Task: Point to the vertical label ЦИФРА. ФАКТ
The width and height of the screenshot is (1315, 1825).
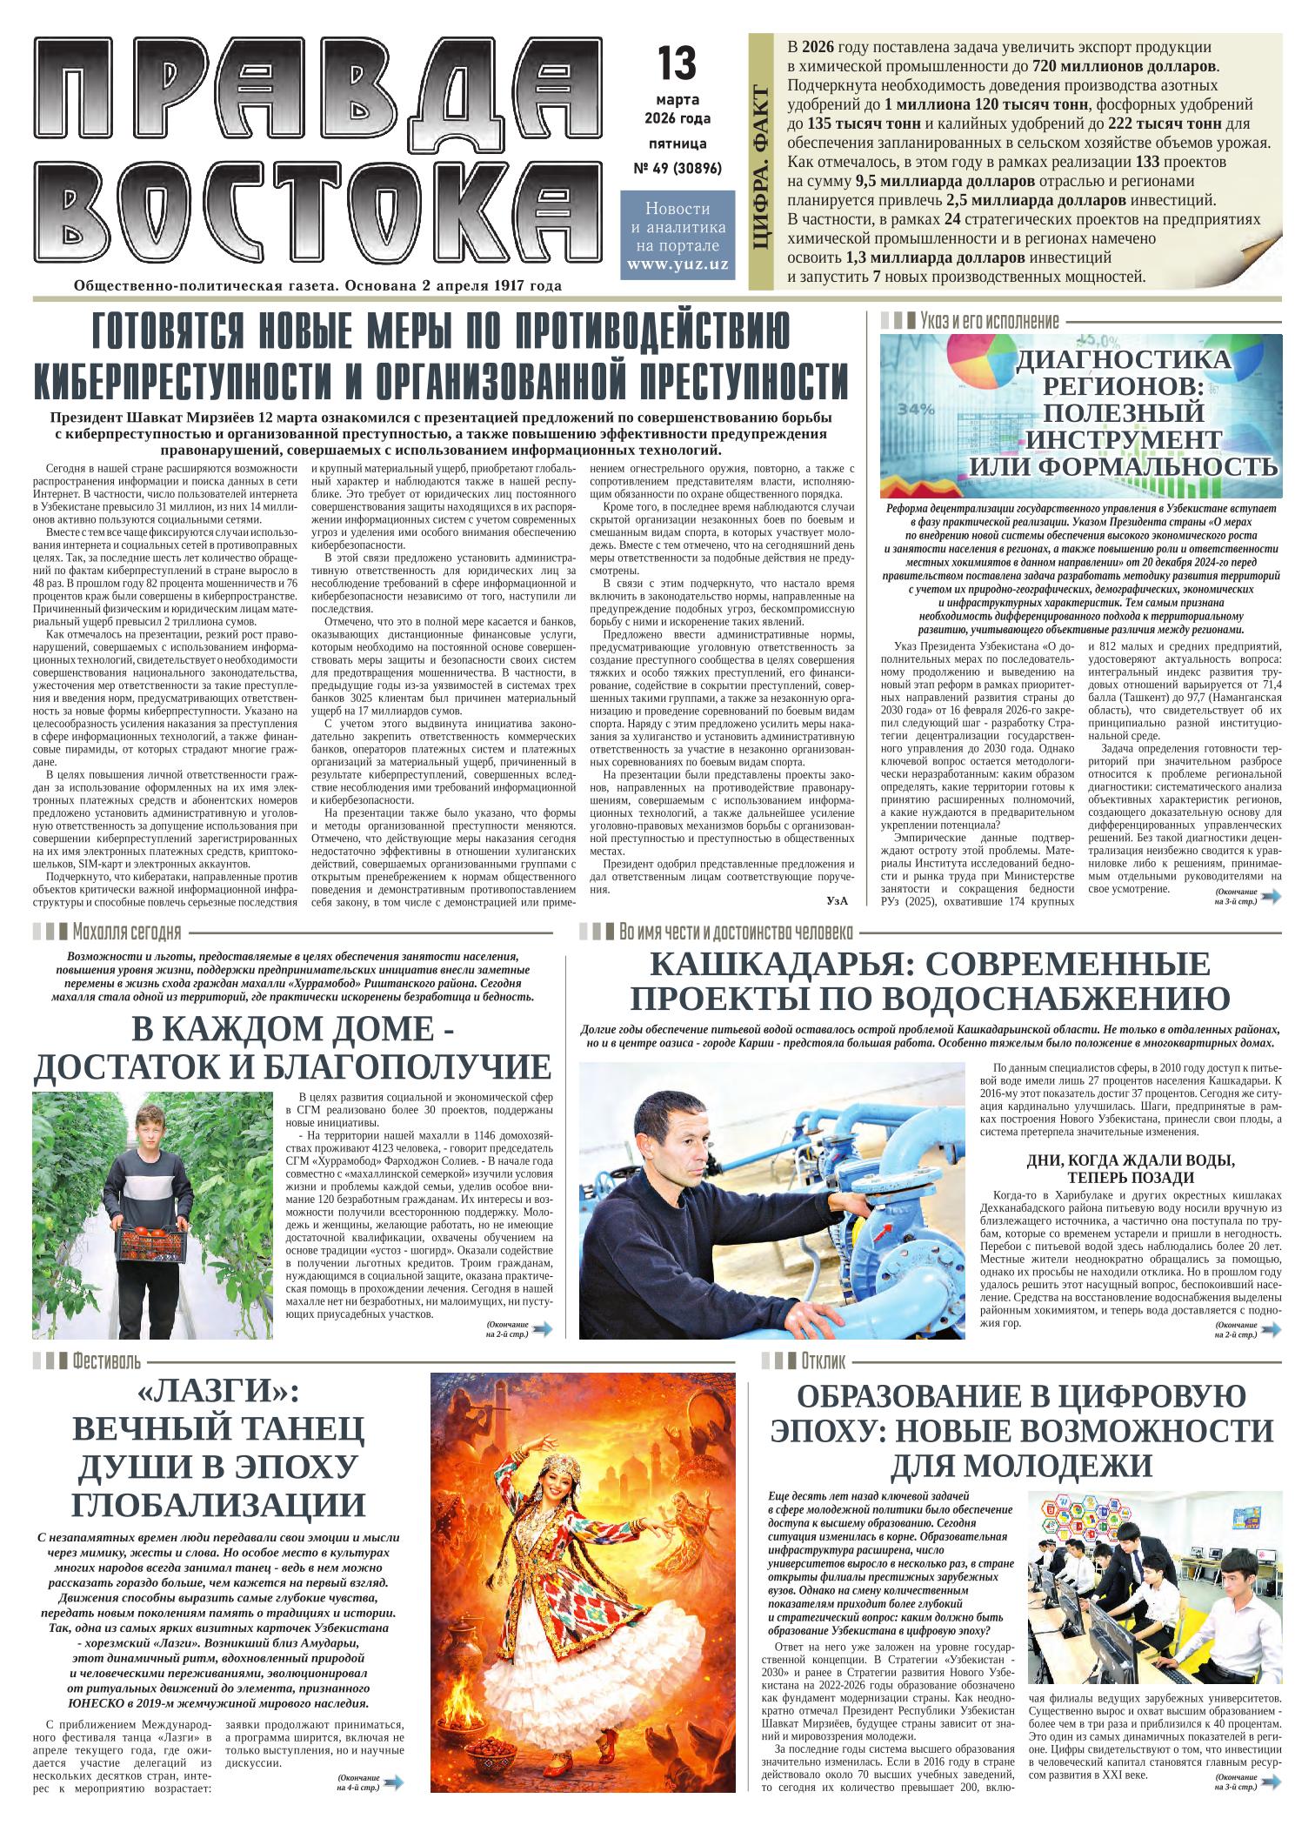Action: pos(763,167)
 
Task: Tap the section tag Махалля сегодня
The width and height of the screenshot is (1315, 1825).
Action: pos(127,933)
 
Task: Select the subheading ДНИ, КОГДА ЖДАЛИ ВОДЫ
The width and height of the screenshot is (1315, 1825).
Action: pos(1130,1160)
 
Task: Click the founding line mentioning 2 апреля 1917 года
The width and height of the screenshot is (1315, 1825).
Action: pos(317,285)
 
